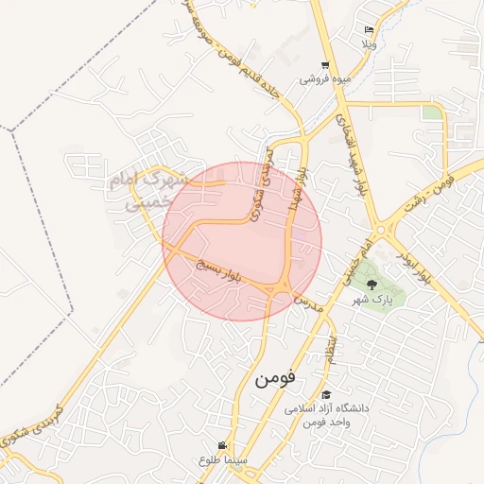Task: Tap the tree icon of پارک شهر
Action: click(x=371, y=284)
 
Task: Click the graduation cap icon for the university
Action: click(x=326, y=395)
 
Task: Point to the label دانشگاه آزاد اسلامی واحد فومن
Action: click(x=326, y=414)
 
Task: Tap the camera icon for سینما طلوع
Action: click(x=222, y=445)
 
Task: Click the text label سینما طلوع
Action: click(x=222, y=459)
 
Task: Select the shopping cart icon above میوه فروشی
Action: click(x=325, y=65)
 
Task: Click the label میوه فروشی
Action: click(x=325, y=79)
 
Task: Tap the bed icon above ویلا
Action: click(x=369, y=30)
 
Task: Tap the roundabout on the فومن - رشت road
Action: click(x=381, y=229)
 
